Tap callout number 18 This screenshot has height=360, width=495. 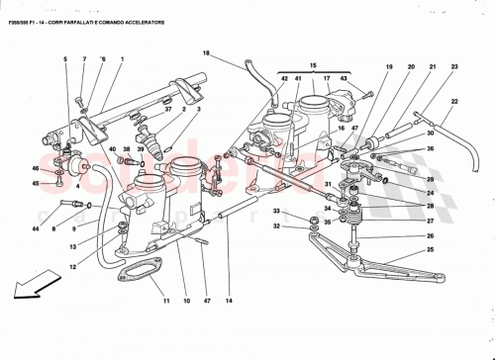[x=207, y=53]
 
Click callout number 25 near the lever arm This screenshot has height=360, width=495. [x=429, y=251]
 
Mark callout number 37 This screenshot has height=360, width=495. [x=168, y=110]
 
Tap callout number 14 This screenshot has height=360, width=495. [x=229, y=300]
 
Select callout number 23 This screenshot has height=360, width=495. [x=454, y=65]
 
